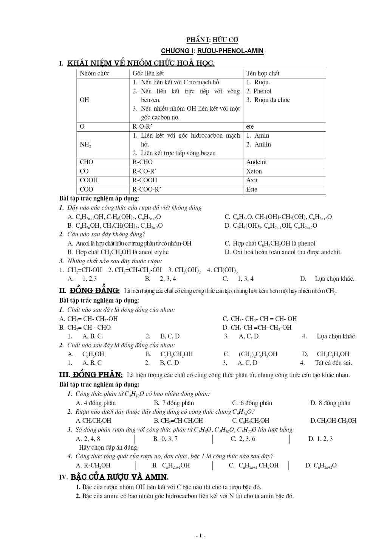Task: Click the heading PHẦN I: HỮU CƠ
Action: coord(212,40)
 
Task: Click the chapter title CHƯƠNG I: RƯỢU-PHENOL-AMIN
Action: coord(212,51)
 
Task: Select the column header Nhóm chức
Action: coord(94,73)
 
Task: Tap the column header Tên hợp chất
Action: coord(263,73)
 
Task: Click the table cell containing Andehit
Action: coord(257,162)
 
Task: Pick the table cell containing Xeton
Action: coord(254,171)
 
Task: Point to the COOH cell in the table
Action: coord(89,180)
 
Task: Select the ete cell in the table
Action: coord(250,126)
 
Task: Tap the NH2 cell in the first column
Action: coord(85,144)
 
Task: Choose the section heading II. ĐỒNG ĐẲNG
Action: coord(90,290)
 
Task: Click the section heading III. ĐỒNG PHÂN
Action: coord(91,375)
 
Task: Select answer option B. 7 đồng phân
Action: coord(174,403)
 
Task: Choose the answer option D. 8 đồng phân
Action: coord(330,403)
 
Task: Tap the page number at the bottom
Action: coord(200,536)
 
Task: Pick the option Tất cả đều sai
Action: coord(333,363)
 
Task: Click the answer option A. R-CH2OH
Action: coord(93,465)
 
